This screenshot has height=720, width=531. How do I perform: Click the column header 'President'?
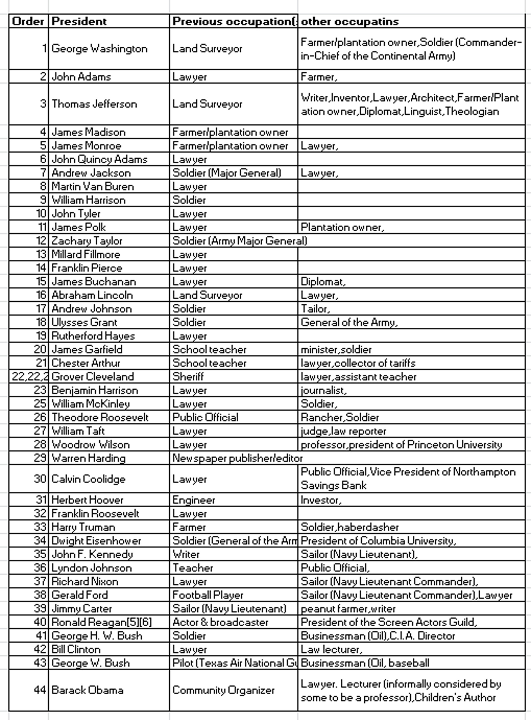(79, 21)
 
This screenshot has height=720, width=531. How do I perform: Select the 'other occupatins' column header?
(350, 21)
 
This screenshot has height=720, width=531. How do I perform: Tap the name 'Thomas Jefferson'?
(94, 104)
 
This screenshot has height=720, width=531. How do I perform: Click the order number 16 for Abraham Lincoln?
(41, 295)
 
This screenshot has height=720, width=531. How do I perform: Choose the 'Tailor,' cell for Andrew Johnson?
(315, 309)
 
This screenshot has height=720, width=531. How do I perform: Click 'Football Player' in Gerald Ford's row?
(208, 595)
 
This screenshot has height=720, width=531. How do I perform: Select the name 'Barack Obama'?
(87, 690)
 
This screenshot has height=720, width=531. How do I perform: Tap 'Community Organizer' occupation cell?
(223, 690)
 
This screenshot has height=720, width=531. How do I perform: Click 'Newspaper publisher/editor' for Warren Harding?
(237, 458)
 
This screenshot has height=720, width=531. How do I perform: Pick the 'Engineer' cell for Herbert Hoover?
(194, 500)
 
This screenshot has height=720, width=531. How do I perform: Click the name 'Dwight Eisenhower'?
(96, 540)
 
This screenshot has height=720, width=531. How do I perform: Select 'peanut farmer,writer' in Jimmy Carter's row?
(348, 609)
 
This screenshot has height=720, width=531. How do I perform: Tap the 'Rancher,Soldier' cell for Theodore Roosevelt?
(340, 417)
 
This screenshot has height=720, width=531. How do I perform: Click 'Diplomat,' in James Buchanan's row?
(323, 282)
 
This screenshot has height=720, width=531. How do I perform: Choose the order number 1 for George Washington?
(44, 49)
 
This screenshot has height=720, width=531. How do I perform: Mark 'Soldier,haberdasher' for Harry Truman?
(350, 527)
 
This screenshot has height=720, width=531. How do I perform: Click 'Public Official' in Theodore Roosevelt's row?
(205, 417)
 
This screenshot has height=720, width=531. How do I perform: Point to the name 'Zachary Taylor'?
(87, 241)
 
